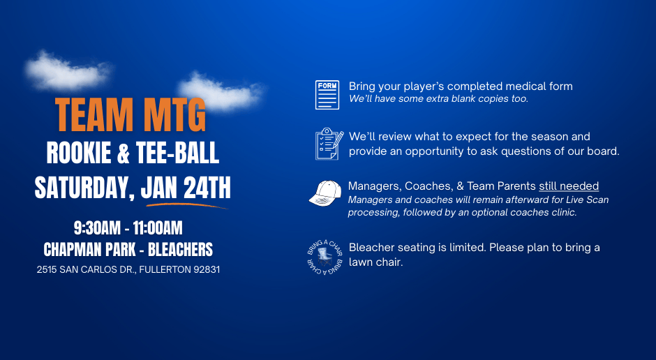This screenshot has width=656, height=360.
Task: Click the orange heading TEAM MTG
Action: (x=130, y=115)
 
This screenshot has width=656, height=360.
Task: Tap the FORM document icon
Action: (x=327, y=95)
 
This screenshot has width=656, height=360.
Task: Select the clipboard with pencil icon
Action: (x=329, y=144)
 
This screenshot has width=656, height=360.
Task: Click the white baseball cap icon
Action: (x=325, y=193)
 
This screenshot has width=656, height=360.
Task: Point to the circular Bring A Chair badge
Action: (x=325, y=257)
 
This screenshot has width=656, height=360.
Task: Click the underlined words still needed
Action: (x=569, y=186)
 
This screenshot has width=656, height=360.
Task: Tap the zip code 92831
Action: (x=207, y=270)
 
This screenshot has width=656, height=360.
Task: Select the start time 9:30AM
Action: (x=97, y=228)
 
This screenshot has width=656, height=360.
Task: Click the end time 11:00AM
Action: (x=158, y=228)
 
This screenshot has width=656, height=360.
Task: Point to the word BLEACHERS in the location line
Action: (x=180, y=250)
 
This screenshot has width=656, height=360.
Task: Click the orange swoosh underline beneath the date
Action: (x=186, y=206)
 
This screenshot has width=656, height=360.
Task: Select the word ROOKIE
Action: (x=79, y=153)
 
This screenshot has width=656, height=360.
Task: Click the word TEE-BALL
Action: (x=177, y=153)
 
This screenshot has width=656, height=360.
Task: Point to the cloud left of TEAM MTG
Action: (x=67, y=71)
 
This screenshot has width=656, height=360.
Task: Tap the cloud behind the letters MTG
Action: (x=221, y=92)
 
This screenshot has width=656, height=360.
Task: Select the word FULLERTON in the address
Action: (x=165, y=270)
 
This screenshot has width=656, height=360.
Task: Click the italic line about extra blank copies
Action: (x=438, y=98)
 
